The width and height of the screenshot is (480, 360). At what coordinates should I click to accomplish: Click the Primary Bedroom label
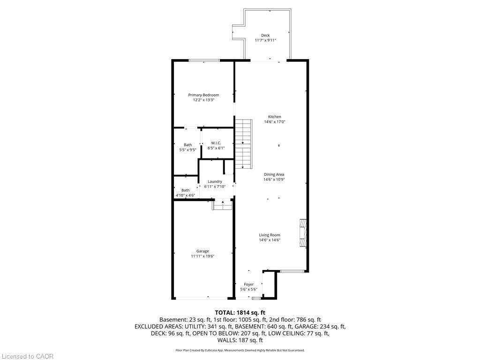click(x=203, y=95)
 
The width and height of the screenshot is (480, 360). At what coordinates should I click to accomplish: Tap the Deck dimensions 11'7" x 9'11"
click(x=265, y=40)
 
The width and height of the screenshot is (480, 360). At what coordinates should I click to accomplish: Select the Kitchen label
click(x=275, y=117)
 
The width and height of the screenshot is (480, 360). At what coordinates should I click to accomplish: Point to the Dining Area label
click(x=274, y=174)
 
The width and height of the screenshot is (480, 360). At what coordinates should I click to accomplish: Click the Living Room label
click(x=270, y=235)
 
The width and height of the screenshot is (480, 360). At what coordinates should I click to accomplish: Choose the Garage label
click(x=202, y=251)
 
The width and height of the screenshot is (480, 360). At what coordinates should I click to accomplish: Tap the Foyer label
click(x=248, y=285)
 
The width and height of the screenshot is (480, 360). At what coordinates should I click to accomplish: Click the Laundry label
click(x=215, y=181)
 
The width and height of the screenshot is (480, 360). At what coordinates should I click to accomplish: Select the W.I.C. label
click(x=216, y=143)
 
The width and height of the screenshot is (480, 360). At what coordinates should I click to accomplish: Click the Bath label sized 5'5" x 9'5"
click(x=188, y=145)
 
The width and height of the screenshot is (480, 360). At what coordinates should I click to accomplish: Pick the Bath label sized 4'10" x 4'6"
click(x=186, y=190)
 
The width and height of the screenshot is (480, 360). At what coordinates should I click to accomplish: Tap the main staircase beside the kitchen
click(x=244, y=144)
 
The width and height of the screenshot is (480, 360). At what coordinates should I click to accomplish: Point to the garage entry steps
click(x=223, y=205)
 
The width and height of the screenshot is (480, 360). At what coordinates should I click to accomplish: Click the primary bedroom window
click(x=204, y=60)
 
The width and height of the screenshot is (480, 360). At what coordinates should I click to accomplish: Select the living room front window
click(x=292, y=271)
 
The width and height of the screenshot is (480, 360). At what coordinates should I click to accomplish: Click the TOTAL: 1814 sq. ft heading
click(x=240, y=313)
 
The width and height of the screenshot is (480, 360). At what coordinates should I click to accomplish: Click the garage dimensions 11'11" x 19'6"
click(x=202, y=256)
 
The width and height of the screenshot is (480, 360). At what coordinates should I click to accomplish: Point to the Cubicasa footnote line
click(x=240, y=350)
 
